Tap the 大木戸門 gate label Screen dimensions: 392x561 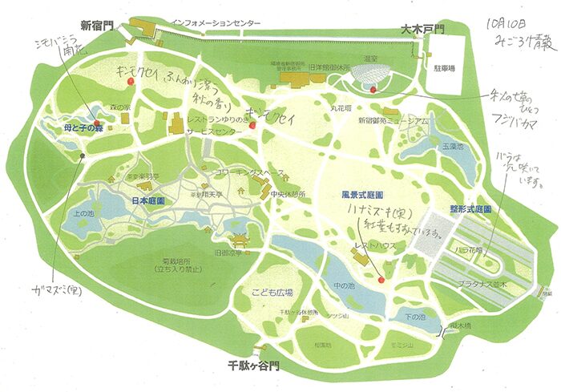422,29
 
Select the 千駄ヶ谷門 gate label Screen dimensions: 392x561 252,365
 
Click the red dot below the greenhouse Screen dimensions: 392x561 374,91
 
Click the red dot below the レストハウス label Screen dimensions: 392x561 381,280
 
